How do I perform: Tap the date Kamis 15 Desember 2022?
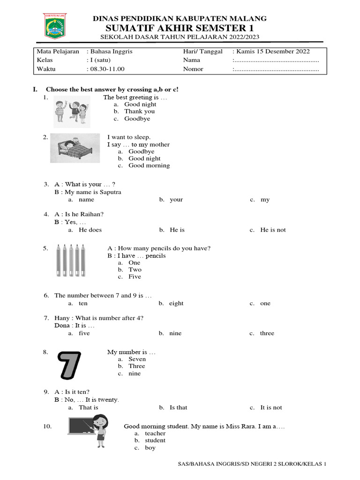[x=271, y=52]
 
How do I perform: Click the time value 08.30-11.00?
[x=106, y=69]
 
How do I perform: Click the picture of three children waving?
[x=71, y=111]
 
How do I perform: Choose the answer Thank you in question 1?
[x=139, y=112]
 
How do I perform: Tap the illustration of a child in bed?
[x=75, y=148]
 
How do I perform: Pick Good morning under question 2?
[x=149, y=165]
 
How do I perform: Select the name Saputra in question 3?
[x=110, y=192]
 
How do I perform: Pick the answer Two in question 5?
[x=135, y=270]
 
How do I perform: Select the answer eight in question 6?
[x=176, y=304]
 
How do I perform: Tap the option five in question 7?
[x=84, y=334]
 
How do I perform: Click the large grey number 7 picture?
[x=69, y=366]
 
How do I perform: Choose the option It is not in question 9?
[x=271, y=408]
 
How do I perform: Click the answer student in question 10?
[x=155, y=441]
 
